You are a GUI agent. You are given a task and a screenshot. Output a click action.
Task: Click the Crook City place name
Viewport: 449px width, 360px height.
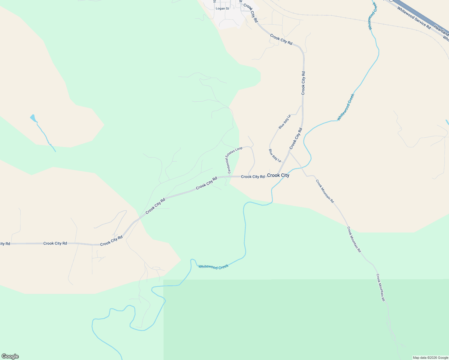(278, 175)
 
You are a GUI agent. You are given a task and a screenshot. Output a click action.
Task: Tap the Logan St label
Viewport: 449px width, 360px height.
(222, 8)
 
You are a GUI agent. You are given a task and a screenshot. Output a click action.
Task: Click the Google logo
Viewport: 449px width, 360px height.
(10, 356)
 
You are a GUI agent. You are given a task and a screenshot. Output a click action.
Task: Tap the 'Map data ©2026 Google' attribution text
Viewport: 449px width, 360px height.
(430, 358)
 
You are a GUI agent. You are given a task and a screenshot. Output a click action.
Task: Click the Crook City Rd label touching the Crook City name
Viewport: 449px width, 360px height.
(253, 177)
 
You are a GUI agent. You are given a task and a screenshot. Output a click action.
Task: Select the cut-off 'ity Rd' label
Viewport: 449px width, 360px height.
(5, 244)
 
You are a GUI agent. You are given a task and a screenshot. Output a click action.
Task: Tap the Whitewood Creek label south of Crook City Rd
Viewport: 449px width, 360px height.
(213, 267)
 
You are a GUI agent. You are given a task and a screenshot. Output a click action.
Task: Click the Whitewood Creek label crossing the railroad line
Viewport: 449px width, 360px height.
(372, 16)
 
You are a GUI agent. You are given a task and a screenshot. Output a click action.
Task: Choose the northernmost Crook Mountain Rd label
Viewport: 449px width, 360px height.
(324, 191)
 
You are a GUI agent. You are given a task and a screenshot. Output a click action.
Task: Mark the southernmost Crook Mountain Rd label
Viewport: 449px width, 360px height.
(381, 287)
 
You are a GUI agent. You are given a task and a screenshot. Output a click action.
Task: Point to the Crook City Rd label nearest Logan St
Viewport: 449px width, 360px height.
(251, 13)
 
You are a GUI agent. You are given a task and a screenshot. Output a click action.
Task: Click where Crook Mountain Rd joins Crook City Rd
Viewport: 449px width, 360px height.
(289, 152)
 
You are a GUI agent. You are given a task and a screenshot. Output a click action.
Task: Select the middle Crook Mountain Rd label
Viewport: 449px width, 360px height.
(354, 239)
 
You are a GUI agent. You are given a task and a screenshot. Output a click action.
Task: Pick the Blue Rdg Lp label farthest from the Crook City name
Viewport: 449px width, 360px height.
(285, 121)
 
